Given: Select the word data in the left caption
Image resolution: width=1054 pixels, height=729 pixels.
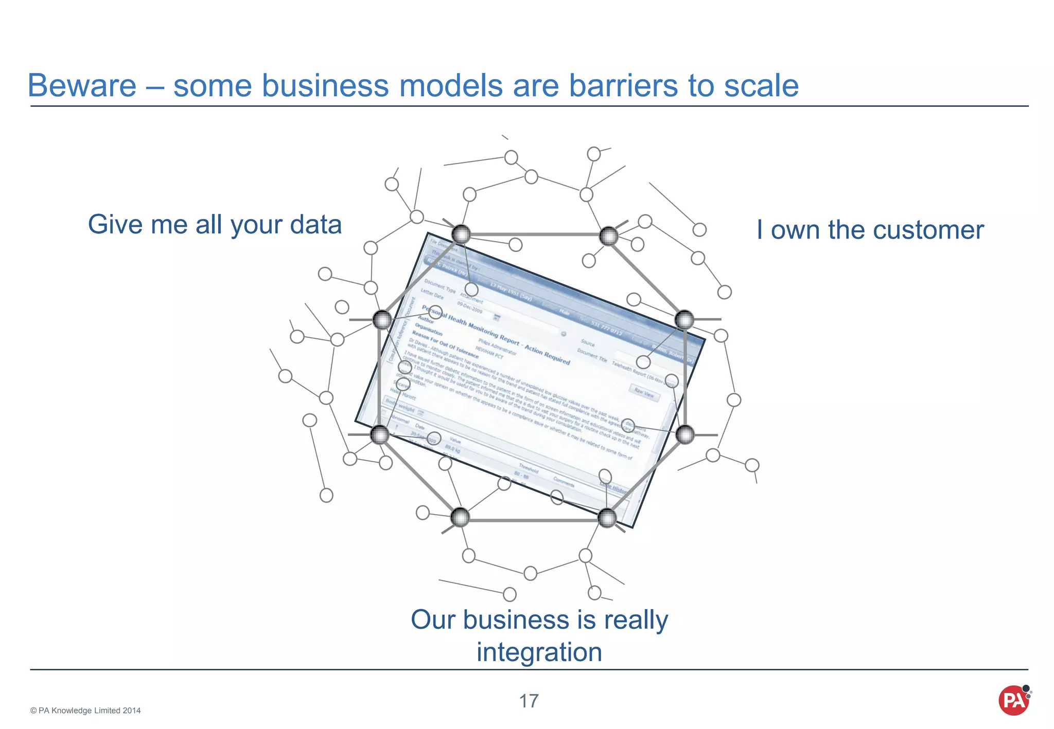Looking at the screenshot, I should coord(315,225).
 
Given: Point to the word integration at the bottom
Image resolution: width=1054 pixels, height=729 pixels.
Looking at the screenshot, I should coord(539,652).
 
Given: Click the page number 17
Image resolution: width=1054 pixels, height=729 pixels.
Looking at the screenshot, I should coord(529,701).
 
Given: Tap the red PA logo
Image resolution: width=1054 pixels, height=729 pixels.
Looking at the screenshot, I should coord(1013,700).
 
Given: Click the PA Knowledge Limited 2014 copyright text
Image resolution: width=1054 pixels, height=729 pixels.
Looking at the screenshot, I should coord(85,710).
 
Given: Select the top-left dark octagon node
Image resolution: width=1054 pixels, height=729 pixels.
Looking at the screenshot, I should coord(461,234).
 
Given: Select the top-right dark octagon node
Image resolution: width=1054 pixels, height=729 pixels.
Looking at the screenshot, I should coord(609,236).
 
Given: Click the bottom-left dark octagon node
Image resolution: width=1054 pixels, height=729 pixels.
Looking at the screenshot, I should coord(460,517).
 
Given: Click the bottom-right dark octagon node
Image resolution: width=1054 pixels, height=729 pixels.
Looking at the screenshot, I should coord(607,518).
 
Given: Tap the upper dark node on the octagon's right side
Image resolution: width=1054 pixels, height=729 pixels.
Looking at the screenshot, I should coord(684,320).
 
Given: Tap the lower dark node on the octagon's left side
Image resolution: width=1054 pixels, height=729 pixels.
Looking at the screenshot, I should coord(380,435).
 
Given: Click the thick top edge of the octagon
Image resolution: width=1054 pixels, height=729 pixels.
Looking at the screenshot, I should coord(535,235).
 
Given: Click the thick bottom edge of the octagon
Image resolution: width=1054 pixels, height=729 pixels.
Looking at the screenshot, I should coord(534,520).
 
